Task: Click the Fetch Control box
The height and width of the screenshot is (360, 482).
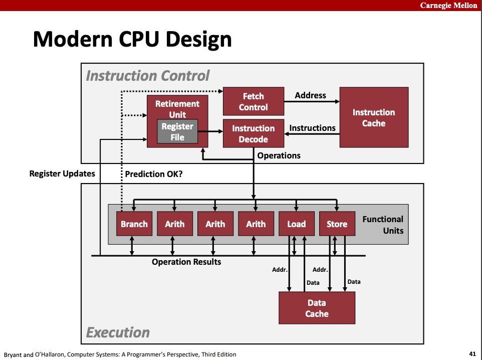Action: (253, 102)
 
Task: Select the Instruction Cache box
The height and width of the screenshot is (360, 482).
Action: (374, 118)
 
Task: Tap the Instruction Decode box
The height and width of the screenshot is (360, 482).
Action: (253, 134)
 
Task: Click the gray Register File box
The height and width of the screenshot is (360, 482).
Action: (177, 132)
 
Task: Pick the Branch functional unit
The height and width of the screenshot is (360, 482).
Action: (134, 224)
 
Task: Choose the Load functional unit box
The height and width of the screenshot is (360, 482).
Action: (296, 224)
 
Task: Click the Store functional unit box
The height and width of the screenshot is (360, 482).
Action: (337, 224)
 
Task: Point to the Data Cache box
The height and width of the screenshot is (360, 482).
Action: (317, 308)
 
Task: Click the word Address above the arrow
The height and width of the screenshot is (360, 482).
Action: (310, 95)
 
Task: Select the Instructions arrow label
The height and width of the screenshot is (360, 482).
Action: (312, 128)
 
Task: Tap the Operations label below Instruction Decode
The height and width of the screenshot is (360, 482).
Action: (279, 155)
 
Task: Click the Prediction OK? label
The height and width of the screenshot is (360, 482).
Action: (153, 174)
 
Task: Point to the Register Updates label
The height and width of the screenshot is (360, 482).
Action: (62, 174)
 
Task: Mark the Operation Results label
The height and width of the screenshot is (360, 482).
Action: (186, 262)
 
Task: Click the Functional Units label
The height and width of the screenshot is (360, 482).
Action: (383, 225)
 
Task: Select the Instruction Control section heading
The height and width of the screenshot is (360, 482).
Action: (148, 76)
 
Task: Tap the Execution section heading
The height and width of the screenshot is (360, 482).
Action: (118, 332)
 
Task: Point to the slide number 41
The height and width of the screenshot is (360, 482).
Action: (472, 354)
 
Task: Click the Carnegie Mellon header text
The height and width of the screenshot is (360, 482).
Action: (448, 5)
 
